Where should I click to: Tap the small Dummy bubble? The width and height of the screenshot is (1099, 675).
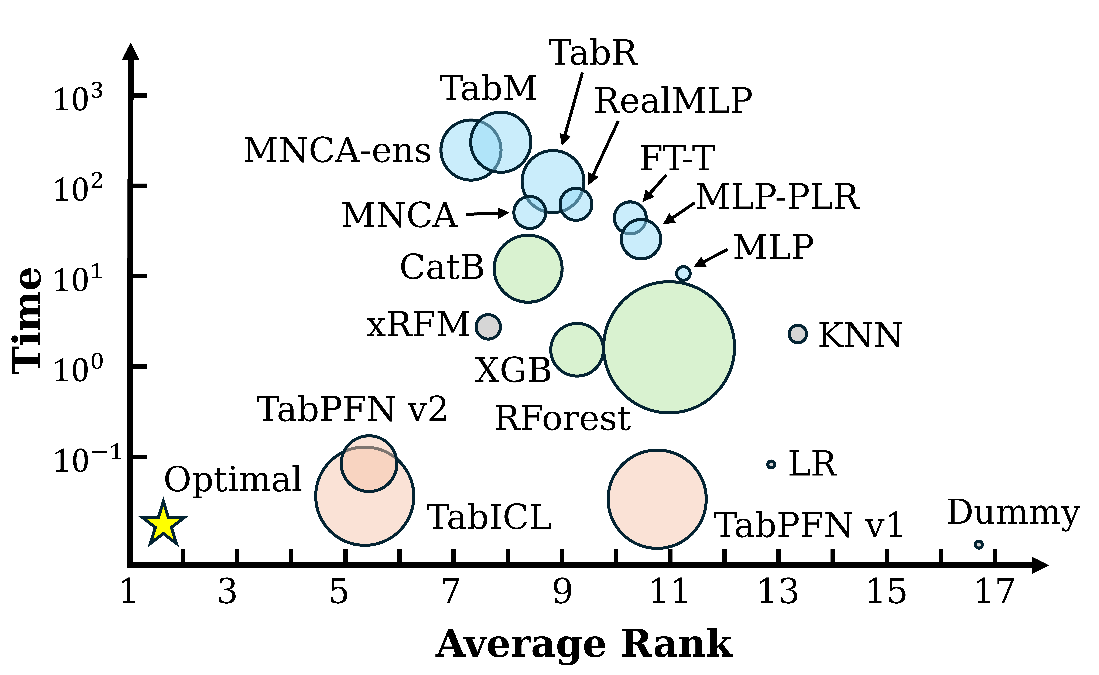(978, 544)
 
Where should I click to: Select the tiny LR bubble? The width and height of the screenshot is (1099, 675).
(771, 464)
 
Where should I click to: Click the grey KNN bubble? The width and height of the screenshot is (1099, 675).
(798, 334)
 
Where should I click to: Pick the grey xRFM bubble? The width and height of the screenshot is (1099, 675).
(488, 327)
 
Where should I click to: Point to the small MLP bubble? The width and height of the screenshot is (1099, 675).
(683, 273)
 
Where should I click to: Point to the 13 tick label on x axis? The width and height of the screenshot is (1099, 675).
(778, 592)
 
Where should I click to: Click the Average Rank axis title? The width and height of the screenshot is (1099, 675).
(584, 644)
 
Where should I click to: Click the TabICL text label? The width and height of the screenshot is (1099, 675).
(489, 517)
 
